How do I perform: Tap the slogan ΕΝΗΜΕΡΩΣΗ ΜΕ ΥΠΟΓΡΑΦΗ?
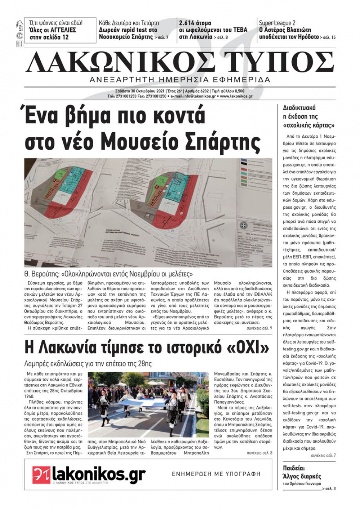pyautogui.click(x=216, y=474)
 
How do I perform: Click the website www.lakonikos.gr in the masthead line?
pyautogui.click(x=236, y=96)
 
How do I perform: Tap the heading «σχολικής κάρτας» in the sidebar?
pyautogui.click(x=309, y=126)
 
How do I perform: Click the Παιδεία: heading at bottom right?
pyautogui.click(x=294, y=468)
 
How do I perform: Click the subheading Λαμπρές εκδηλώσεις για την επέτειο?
pyautogui.click(x=88, y=364)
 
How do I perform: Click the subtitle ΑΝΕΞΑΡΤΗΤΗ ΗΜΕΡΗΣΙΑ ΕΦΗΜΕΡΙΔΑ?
pyautogui.click(x=180, y=79)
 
